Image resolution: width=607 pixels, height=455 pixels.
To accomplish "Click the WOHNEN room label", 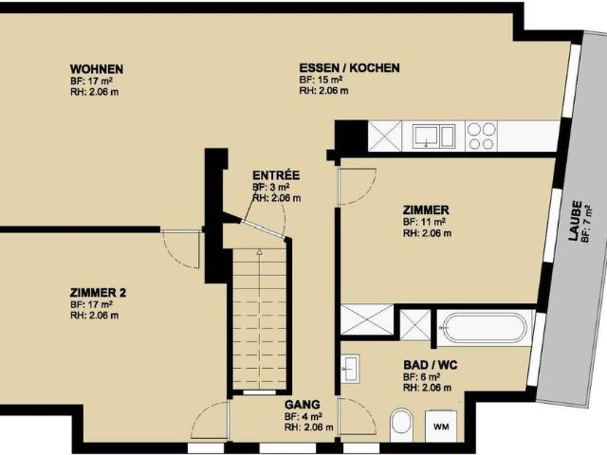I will (97, 69).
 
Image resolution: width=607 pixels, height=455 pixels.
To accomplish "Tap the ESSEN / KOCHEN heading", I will (349, 68).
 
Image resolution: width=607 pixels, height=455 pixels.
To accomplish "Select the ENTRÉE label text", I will (276, 175).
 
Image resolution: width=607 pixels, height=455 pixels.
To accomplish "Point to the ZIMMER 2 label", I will (98, 292).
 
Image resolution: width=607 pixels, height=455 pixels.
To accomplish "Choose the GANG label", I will (296, 404).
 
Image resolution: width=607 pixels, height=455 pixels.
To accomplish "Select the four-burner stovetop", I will (481, 136).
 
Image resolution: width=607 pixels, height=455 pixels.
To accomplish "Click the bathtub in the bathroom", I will (483, 328).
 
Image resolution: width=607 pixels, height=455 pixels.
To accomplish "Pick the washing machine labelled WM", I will (442, 427).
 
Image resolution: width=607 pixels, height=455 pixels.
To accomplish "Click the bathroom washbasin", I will (350, 366).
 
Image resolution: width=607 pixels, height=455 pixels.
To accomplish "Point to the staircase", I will (258, 318).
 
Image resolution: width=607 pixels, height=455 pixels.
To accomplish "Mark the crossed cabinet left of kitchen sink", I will (385, 136).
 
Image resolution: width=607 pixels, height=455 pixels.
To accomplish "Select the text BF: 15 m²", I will (321, 81).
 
